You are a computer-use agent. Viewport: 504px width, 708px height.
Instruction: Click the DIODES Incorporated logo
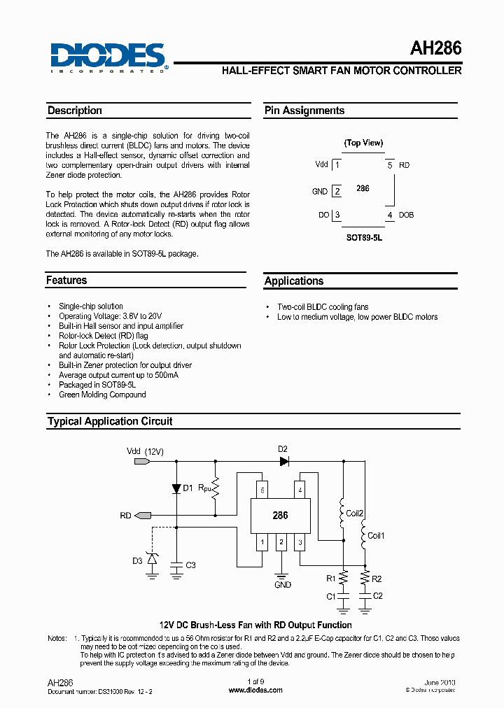click(x=108, y=57)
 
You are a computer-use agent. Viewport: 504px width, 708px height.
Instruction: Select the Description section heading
click(x=75, y=111)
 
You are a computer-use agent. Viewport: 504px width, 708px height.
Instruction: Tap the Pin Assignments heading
click(x=304, y=111)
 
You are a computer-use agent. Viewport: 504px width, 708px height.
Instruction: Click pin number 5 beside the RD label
click(x=390, y=165)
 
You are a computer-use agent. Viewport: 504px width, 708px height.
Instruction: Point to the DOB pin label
click(x=406, y=215)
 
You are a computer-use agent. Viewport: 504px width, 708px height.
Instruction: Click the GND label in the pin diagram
click(x=320, y=191)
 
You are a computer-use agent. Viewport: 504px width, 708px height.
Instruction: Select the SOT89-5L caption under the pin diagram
click(x=365, y=237)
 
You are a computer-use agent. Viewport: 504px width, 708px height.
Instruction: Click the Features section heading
click(x=66, y=281)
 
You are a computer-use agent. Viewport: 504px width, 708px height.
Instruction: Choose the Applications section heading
click(x=294, y=281)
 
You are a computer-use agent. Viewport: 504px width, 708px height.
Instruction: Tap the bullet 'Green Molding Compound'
click(x=102, y=395)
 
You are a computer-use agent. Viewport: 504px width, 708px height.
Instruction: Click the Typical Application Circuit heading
click(x=110, y=422)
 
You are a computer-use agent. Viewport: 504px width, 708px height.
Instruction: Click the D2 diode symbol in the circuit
click(x=283, y=461)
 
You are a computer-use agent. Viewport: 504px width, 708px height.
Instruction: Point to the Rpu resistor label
click(x=204, y=486)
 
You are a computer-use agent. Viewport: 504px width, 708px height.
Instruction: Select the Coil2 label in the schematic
click(x=355, y=514)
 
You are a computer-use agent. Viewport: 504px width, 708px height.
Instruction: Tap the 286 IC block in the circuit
click(x=280, y=516)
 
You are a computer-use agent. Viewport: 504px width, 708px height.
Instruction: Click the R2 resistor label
click(x=377, y=579)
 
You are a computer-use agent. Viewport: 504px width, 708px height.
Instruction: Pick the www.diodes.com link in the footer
click(x=255, y=690)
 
